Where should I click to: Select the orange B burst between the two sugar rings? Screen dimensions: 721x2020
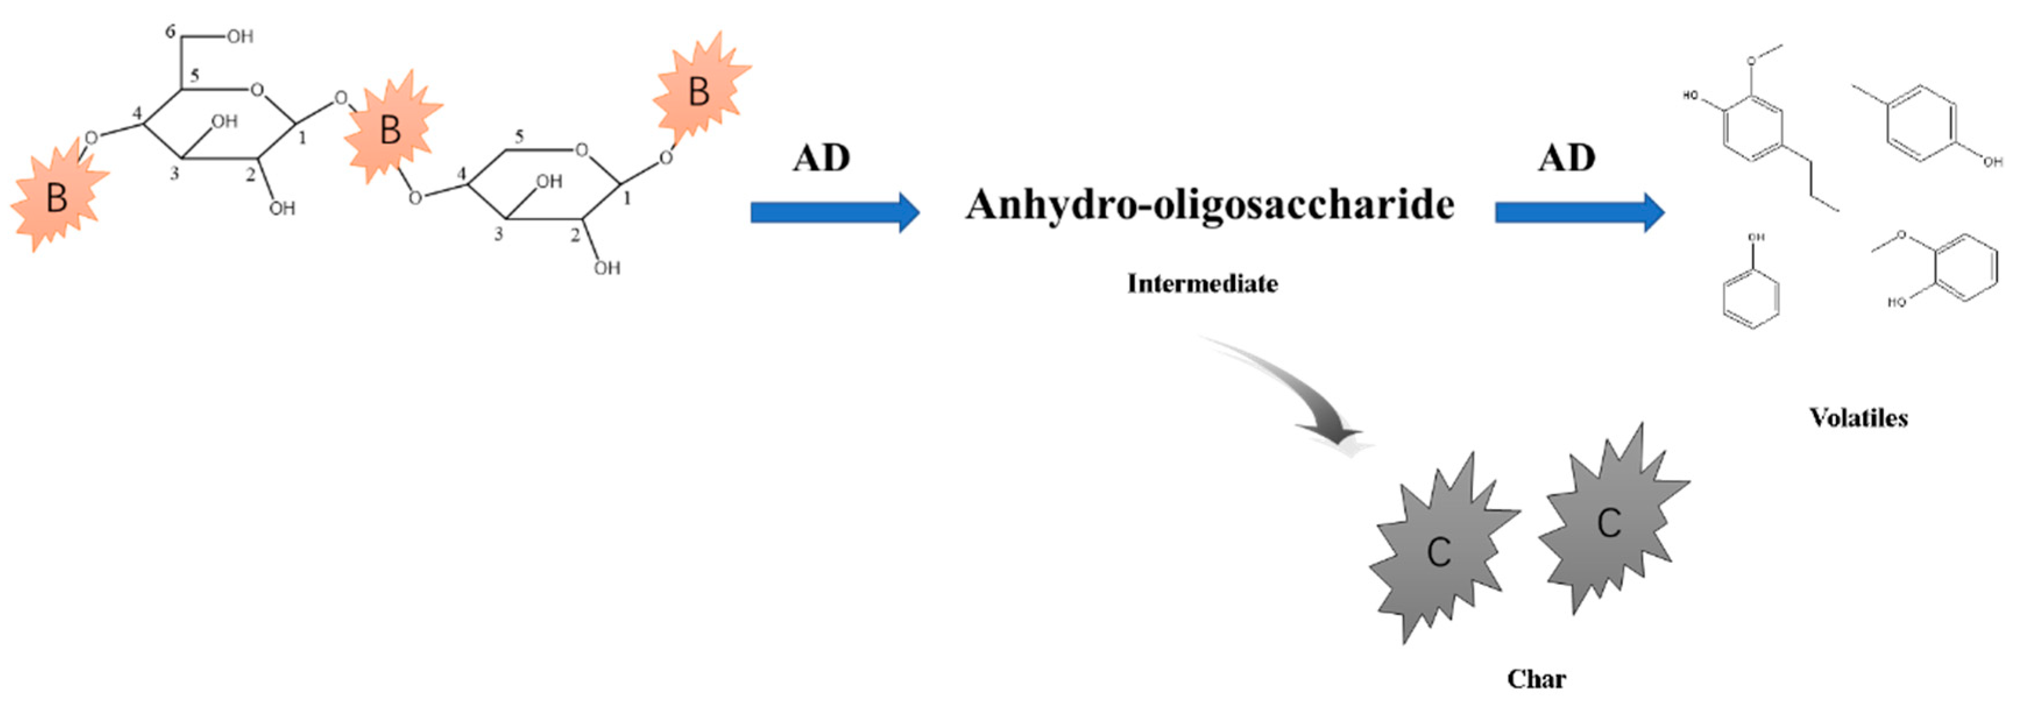click(391, 130)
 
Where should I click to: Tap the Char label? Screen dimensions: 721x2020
click(1536, 678)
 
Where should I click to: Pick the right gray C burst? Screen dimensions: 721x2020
click(1609, 521)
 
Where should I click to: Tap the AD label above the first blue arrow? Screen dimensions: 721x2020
click(821, 158)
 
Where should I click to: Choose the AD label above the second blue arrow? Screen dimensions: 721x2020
click(1566, 158)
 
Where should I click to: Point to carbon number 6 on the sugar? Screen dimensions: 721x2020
click(170, 32)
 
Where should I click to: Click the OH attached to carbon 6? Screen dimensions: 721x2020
click(240, 36)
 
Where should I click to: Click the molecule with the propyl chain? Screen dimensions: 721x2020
click(1764, 133)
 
